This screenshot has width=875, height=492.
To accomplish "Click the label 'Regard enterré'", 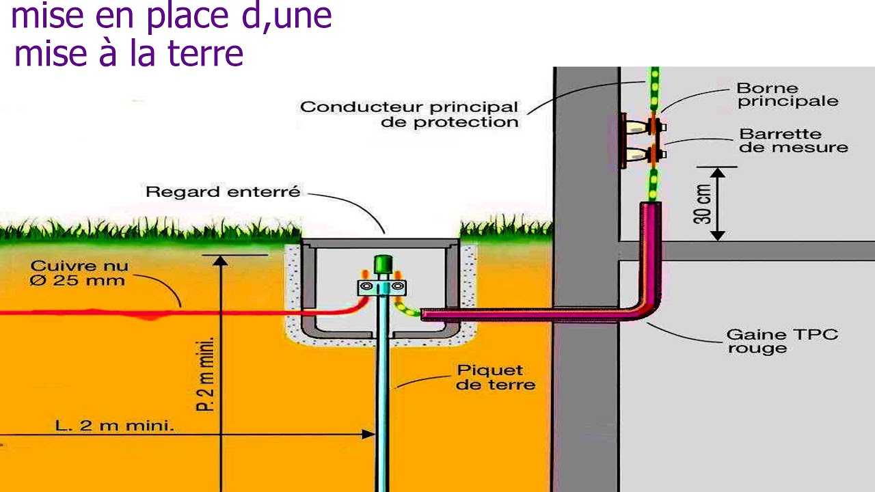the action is tap(223, 192).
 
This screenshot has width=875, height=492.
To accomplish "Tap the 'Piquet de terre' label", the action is tap(496, 378).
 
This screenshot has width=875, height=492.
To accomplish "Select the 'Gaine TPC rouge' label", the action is tap(782, 341).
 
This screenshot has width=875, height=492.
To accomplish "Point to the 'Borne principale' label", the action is tap(787, 95).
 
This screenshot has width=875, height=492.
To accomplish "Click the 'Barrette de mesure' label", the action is tap(794, 141).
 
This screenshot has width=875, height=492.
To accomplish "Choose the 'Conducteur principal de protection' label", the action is tap(409, 114).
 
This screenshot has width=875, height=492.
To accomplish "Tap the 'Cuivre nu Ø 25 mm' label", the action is tap(79, 273).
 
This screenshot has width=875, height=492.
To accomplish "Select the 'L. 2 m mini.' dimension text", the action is tap(114, 425).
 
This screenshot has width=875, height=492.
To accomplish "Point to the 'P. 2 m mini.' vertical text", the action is tap(205, 374).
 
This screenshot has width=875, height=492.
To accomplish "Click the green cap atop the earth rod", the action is tap(383, 264).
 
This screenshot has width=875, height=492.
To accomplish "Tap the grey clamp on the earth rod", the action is tap(382, 288).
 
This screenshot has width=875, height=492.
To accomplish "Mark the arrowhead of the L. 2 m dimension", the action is tap(368, 434).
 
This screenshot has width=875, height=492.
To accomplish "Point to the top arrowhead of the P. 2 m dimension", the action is tap(221, 261).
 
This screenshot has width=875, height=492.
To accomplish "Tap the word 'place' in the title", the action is tap(187, 16).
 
